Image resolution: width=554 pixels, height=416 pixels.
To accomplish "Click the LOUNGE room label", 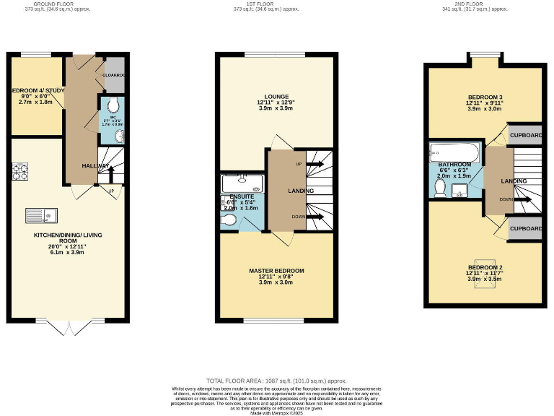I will point(276,96).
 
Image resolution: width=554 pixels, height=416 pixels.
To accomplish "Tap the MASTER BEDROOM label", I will point(276,271).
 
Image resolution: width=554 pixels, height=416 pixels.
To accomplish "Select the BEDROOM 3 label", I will point(485,97).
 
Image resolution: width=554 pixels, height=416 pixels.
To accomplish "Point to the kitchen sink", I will point(40,214).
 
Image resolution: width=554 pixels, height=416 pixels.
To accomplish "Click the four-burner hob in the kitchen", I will point(19,171).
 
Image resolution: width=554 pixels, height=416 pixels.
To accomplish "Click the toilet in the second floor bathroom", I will point(440,186).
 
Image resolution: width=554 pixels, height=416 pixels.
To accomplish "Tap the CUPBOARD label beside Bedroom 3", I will point(525,135).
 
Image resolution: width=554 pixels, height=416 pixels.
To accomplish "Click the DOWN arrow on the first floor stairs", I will point(315,216).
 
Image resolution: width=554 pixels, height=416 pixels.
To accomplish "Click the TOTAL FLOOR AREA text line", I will point(276,380).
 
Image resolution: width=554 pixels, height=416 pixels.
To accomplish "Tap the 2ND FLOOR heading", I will point(485,4).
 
